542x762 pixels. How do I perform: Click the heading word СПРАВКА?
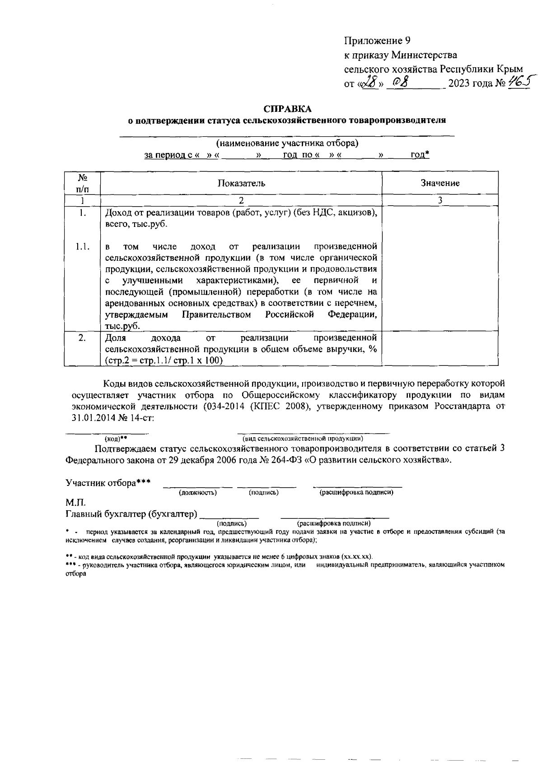(288, 109)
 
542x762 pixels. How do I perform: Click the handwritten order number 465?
(519, 83)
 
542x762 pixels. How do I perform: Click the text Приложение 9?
(378, 41)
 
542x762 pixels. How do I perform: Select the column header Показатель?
(241, 183)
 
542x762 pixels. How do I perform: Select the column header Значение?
(440, 183)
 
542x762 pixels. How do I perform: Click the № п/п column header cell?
(82, 183)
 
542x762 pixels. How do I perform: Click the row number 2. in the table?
(82, 338)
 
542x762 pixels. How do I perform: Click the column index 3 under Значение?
(440, 201)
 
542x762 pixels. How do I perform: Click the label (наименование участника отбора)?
(287, 144)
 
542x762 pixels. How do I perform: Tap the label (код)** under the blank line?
(115, 439)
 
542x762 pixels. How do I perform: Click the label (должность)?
(198, 493)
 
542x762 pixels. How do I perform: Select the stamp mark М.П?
(75, 503)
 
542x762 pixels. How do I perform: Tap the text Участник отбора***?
(108, 483)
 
